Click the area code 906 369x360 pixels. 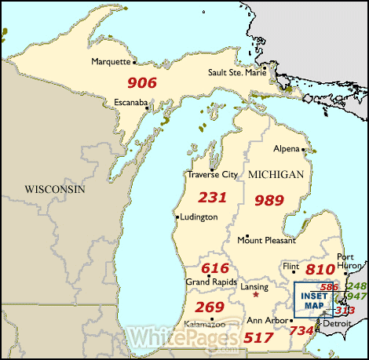(142, 82)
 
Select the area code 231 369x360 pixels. (212, 197)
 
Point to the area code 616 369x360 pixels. (214, 267)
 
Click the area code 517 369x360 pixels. (260, 337)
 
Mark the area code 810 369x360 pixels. (320, 270)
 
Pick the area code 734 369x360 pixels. (301, 332)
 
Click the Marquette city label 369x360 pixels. (111, 61)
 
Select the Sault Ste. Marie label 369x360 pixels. (236, 72)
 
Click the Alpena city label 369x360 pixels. (286, 148)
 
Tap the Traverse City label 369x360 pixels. (211, 174)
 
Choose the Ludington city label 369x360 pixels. (197, 217)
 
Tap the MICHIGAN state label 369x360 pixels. (274, 173)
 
